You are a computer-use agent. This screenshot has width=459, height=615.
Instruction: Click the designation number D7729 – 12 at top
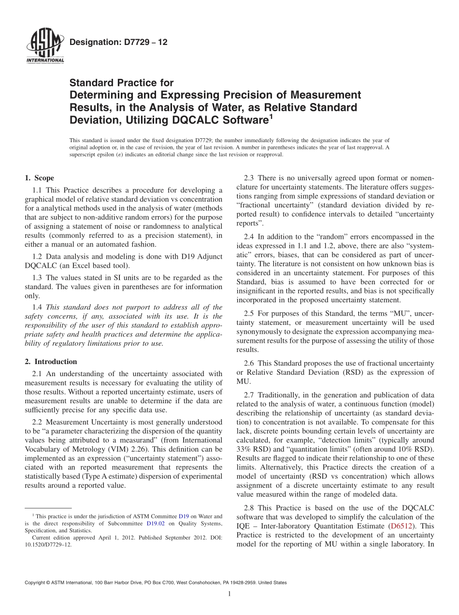click(118, 43)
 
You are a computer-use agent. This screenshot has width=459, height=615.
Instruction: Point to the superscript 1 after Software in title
click(271, 117)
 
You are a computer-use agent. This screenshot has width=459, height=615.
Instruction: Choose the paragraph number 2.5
click(249, 313)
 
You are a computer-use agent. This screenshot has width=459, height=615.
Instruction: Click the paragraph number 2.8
click(249, 508)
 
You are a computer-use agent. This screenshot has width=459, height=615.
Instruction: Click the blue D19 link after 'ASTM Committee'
click(184, 516)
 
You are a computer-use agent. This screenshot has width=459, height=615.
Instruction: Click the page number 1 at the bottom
click(229, 594)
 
